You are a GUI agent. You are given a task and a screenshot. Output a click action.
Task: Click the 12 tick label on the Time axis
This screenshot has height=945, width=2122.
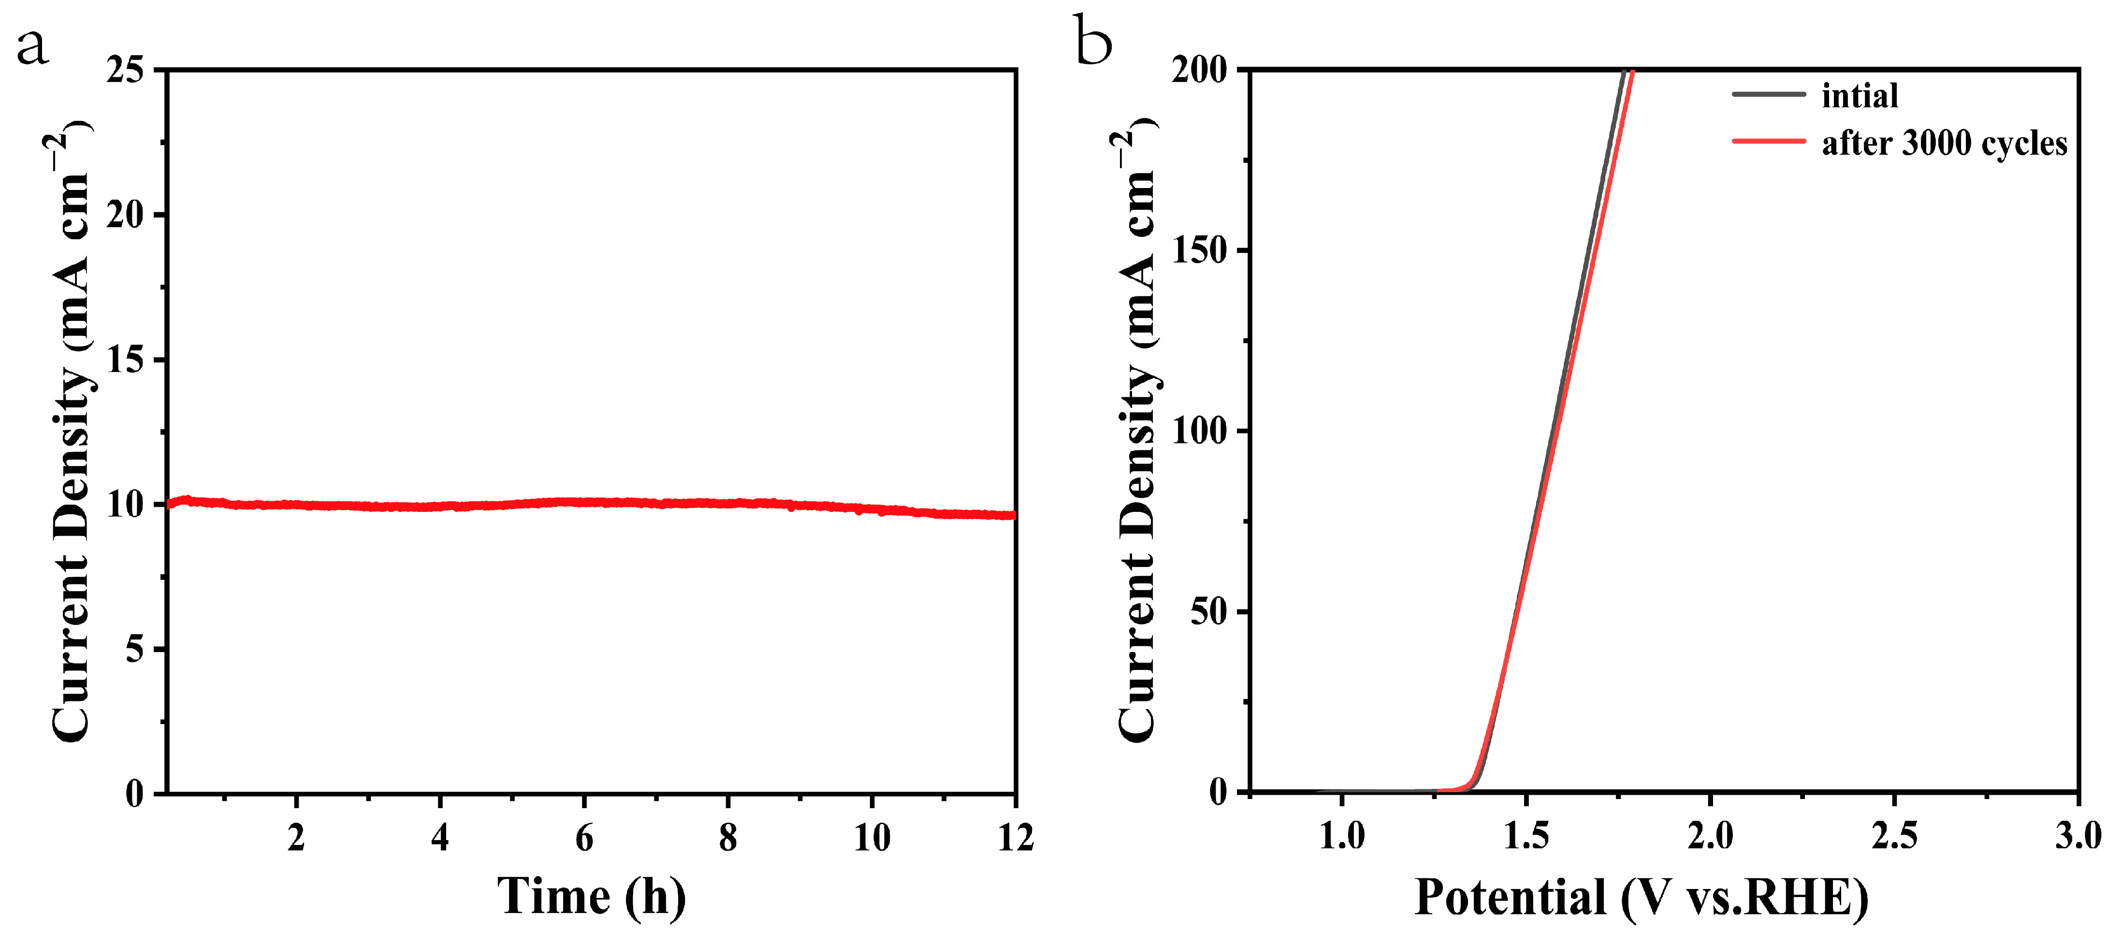[1016, 838]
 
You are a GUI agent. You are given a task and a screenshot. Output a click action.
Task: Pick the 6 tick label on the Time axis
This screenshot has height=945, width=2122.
[583, 838]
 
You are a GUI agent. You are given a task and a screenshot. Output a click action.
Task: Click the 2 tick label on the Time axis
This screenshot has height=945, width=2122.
[296, 838]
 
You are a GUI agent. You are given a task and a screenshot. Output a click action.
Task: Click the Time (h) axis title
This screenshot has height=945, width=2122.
[592, 896]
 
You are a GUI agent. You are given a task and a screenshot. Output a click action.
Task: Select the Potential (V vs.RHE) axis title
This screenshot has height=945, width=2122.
[1642, 896]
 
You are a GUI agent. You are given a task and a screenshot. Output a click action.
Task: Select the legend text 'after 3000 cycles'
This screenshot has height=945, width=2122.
[1944, 144]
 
